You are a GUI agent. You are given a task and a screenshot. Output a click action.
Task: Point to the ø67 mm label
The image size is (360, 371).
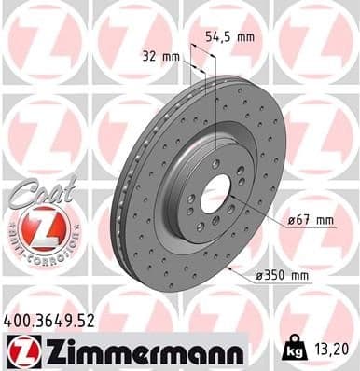pyautogui.click(x=312, y=221)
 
